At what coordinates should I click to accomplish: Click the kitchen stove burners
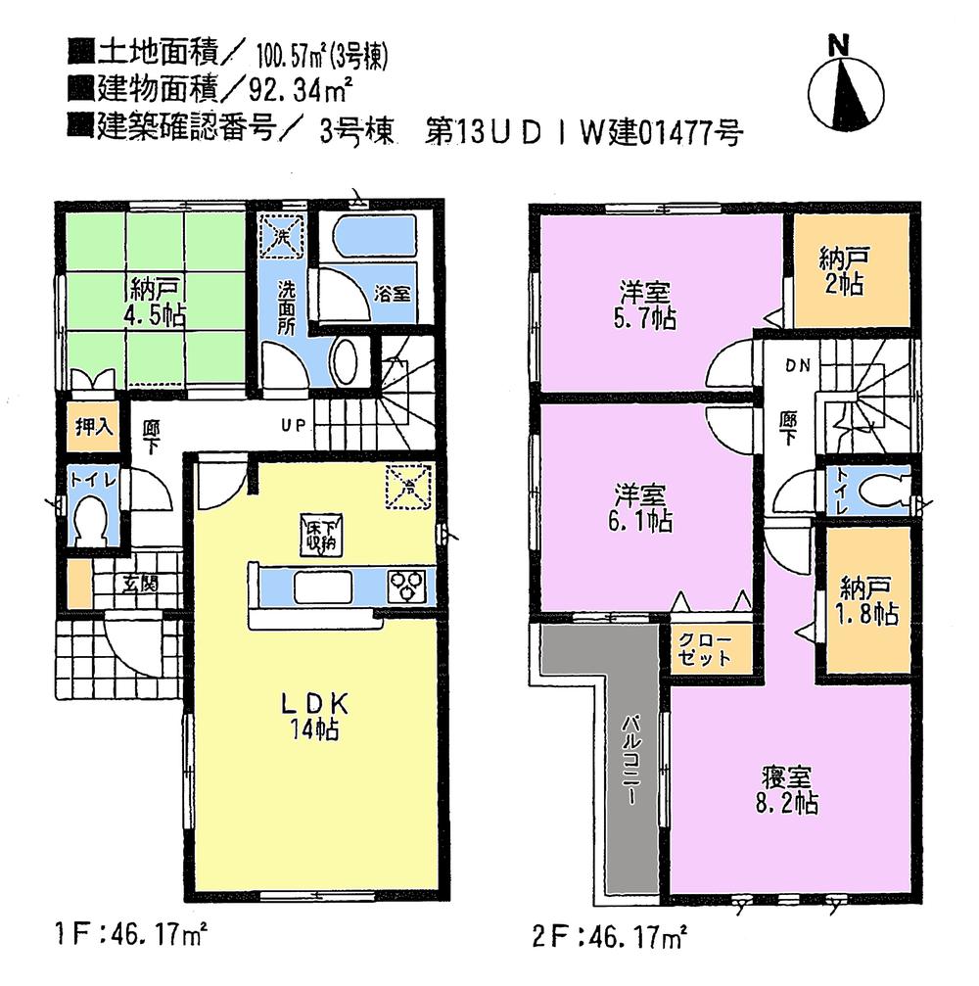(x=409, y=587)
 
